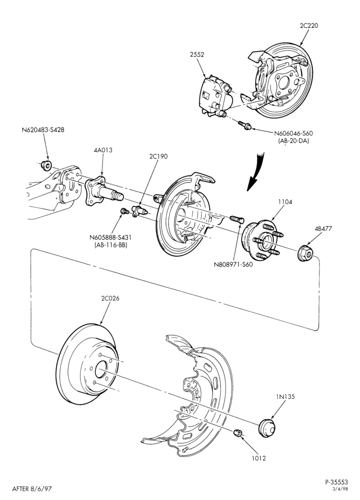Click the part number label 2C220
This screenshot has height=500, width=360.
[308, 26]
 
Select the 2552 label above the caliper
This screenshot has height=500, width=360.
[197, 54]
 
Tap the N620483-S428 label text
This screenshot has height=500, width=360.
[42, 130]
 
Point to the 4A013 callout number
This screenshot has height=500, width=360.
[103, 150]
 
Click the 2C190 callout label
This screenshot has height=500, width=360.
[158, 156]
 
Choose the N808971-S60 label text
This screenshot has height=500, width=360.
[233, 264]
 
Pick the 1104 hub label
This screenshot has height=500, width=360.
[284, 202]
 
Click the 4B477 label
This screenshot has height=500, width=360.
[323, 228]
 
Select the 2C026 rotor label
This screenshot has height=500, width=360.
[110, 299]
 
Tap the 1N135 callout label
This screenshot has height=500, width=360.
[285, 396]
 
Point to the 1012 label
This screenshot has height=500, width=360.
[258, 458]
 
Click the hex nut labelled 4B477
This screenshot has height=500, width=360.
[305, 253]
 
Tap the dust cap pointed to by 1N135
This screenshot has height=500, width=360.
[266, 428]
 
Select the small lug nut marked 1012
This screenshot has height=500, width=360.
[237, 432]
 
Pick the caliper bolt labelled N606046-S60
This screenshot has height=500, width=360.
[244, 125]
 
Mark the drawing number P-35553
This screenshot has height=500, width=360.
[336, 482]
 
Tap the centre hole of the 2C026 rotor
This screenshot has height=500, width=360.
[101, 370]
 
